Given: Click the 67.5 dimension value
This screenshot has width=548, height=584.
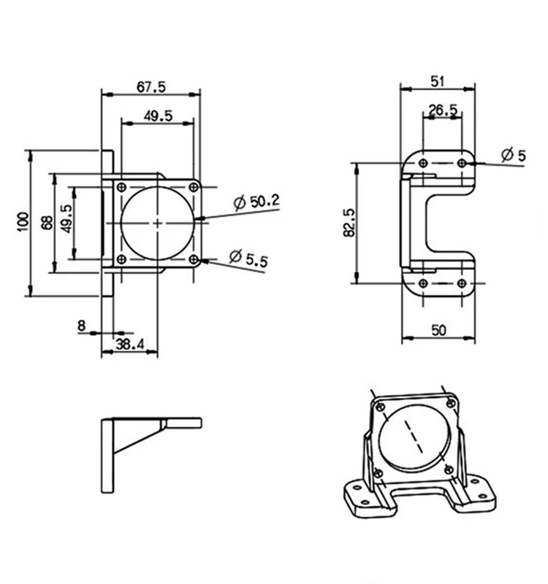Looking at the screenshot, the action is click(151, 87).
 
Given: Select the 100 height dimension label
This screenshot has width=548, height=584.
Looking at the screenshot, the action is click(23, 222).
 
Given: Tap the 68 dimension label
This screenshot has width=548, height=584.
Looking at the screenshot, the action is click(47, 223).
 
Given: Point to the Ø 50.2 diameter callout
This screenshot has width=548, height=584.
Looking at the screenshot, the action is click(256, 201).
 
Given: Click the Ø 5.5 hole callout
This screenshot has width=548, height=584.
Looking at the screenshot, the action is click(248, 258).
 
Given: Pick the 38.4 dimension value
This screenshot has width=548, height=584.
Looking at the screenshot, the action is click(130, 344).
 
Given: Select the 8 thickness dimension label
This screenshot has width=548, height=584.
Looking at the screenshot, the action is click(82, 326).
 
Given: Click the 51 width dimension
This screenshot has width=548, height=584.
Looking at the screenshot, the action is click(438, 81).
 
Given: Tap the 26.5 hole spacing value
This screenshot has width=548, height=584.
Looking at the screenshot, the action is click(443, 110).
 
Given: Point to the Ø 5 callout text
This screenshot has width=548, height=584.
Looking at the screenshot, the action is click(514, 155).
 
